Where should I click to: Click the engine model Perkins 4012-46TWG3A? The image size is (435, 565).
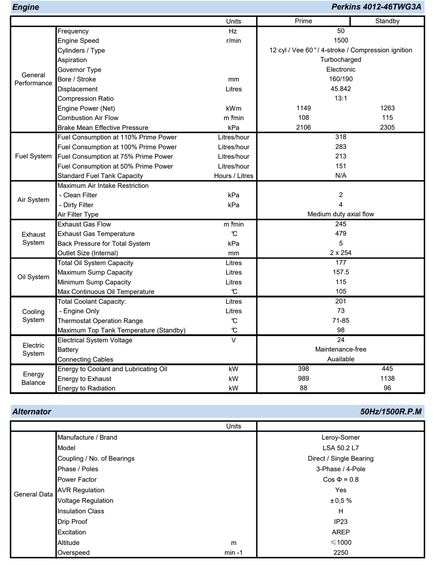click(376, 7)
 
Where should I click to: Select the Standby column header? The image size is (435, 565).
click(387, 21)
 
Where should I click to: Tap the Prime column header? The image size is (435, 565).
click(303, 21)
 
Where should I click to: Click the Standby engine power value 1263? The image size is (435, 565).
click(387, 108)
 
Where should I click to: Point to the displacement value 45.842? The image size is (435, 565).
click(341, 89)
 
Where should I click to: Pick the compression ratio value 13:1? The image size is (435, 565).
click(341, 99)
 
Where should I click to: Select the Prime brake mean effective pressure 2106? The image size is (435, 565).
click(303, 127)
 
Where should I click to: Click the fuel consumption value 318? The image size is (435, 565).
click(341, 137)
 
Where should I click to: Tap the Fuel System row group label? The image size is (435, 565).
click(33, 156)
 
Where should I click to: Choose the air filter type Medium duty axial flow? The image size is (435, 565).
click(341, 214)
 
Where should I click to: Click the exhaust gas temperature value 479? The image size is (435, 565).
click(341, 234)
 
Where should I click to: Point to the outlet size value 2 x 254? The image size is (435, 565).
click(341, 253)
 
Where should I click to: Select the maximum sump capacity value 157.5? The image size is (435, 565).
click(341, 272)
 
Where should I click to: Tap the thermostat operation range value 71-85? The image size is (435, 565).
click(341, 321)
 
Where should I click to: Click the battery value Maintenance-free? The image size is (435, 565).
click(341, 349)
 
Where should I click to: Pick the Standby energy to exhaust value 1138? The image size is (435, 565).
click(387, 379)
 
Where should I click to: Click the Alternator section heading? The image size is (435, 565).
click(32, 412)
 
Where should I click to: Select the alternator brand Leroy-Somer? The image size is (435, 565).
click(341, 438)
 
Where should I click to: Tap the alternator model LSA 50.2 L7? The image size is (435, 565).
click(341, 448)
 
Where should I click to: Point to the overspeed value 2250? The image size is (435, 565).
click(341, 552)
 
